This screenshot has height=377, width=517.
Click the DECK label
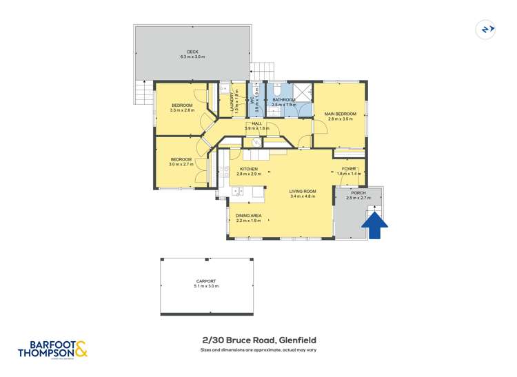tap(192, 52)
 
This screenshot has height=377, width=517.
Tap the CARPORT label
tap(205, 281)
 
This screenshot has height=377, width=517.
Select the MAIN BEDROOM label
tap(342, 114)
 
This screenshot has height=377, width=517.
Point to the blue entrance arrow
tap(374, 225)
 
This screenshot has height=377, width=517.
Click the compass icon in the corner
tap(487, 30)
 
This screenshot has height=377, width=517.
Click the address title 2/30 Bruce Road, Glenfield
tap(258, 340)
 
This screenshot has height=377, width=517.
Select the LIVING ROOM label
tap(302, 191)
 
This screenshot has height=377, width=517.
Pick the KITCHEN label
tap(248, 169)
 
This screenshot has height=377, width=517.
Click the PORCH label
tap(358, 193)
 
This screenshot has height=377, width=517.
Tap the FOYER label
tap(349, 169)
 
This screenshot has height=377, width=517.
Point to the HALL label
tap(256, 123)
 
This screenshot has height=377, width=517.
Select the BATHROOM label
tap(284, 100)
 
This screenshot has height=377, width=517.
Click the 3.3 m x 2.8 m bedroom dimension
tap(183, 110)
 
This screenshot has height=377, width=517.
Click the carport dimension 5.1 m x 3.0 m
tap(205, 286)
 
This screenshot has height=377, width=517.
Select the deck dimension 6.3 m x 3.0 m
tap(192, 57)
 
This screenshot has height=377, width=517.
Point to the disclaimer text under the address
tap(258, 350)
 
